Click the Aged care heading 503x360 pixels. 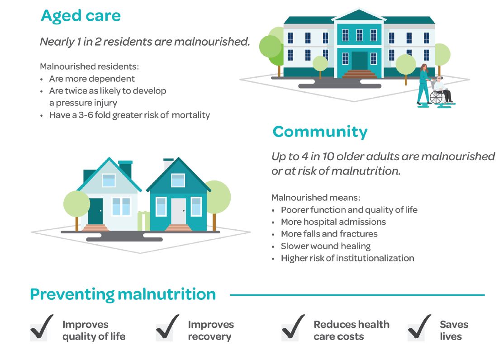tap(81, 16)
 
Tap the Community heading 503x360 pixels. tap(320, 132)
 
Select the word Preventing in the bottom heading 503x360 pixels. tap(72, 294)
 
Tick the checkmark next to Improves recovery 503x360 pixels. tap(167, 327)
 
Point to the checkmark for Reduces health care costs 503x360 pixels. tap(293, 327)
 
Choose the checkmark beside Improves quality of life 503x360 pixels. tap(42, 327)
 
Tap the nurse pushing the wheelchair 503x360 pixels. tap(424, 84)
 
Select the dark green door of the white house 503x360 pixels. tap(95, 212)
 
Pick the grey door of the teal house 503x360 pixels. tap(178, 212)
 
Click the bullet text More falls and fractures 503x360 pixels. tap(329, 234)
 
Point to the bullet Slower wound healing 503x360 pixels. tap(326, 246)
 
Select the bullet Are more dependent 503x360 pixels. tap(92, 79)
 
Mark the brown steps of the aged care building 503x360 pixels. tap(360, 74)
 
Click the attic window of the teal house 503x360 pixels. tap(178, 180)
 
